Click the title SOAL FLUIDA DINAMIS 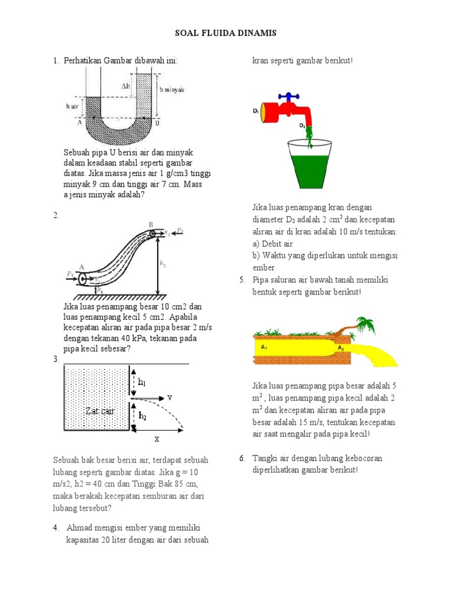226,34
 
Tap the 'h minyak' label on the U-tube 172,90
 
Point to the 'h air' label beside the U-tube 72,106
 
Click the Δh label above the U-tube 126,87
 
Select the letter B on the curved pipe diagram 151,224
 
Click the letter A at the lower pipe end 80,266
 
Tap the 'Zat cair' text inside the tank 99,410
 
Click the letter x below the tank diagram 157,439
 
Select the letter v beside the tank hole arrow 169,397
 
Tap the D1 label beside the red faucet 256,111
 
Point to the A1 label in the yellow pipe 264,347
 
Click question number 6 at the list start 242,458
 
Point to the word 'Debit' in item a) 274,244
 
